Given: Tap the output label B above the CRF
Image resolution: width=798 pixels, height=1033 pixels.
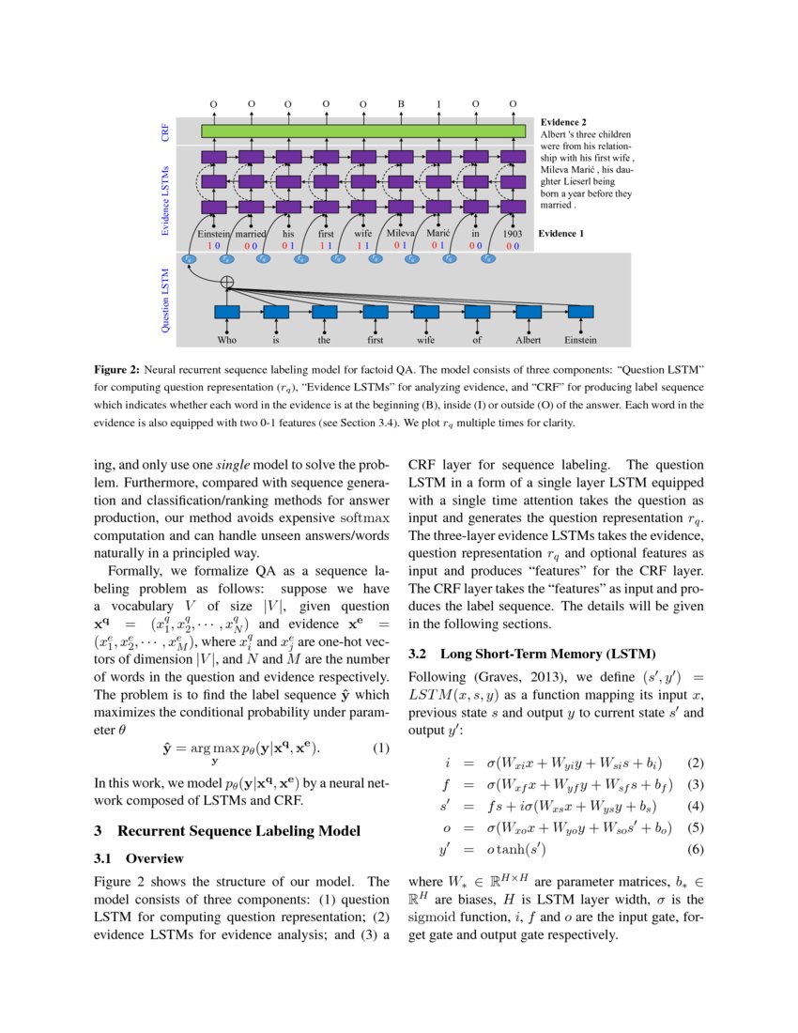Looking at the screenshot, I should [401, 104].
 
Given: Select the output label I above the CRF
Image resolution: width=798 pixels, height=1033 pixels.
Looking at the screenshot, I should [438, 104].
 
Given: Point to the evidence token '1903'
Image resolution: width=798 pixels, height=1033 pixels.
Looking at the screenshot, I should [513, 233].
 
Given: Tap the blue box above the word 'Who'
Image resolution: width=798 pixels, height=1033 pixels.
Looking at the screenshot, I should [227, 312].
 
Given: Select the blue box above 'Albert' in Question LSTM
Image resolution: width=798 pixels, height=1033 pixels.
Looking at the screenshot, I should [529, 312].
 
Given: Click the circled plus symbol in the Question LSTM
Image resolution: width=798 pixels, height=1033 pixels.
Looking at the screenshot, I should [227, 282].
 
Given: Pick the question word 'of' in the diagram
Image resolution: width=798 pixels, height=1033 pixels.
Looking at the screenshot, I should [477, 340].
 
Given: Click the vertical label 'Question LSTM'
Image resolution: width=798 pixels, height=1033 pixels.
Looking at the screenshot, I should [166, 301].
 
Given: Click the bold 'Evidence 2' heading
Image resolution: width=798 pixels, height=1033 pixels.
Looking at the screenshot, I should [564, 122].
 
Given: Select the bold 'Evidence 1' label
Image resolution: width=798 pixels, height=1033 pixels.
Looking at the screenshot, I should [564, 233].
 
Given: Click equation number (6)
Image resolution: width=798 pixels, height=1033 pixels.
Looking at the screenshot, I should [696, 850].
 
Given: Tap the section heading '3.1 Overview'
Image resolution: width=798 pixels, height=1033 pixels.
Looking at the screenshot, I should [140, 858].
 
